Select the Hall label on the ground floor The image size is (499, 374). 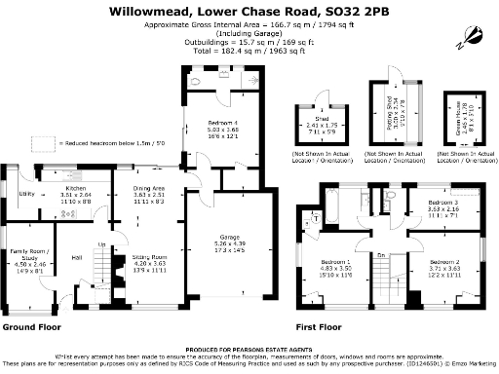[x=76, y=257]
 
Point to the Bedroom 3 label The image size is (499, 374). [x=443, y=203]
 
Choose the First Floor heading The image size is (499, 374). [x=324, y=327]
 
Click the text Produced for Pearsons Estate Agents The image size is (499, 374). [x=249, y=347]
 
